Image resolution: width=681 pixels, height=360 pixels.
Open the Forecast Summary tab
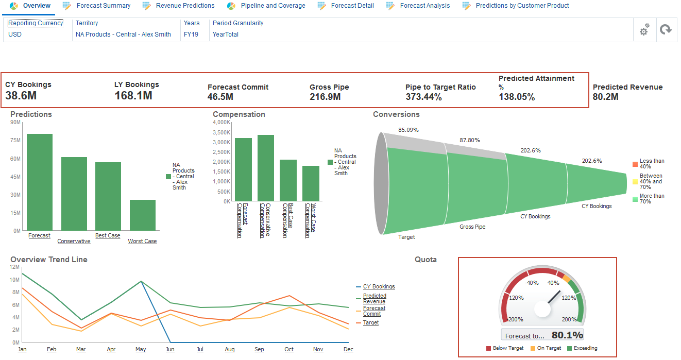tap(103, 6)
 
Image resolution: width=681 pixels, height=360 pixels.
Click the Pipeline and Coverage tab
tap(273, 6)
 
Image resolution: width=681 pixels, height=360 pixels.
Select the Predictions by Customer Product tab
tap(522, 6)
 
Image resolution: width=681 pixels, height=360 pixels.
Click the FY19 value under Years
tap(191, 35)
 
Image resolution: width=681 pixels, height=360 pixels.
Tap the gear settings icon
tap(644, 30)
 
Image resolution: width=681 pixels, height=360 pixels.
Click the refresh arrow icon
tap(666, 30)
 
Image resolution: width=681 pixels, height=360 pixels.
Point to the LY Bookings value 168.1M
tap(133, 95)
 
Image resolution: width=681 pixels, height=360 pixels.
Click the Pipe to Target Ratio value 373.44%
tap(423, 97)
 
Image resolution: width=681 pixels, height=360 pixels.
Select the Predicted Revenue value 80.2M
tap(606, 97)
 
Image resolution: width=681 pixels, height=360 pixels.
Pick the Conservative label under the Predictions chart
tap(74, 241)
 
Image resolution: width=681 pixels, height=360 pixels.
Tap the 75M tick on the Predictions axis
tap(15, 141)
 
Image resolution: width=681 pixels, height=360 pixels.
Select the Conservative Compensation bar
tap(265, 167)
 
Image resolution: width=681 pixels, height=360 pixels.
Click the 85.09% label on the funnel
tap(408, 130)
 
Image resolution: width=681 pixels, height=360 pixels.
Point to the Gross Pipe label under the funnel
tap(472, 227)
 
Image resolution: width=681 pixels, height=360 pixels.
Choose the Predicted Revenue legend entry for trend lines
tap(374, 299)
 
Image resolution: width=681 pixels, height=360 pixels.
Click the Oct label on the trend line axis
tap(289, 350)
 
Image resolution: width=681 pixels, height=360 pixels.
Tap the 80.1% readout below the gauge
tap(567, 335)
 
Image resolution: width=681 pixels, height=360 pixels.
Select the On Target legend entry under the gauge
tap(548, 348)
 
